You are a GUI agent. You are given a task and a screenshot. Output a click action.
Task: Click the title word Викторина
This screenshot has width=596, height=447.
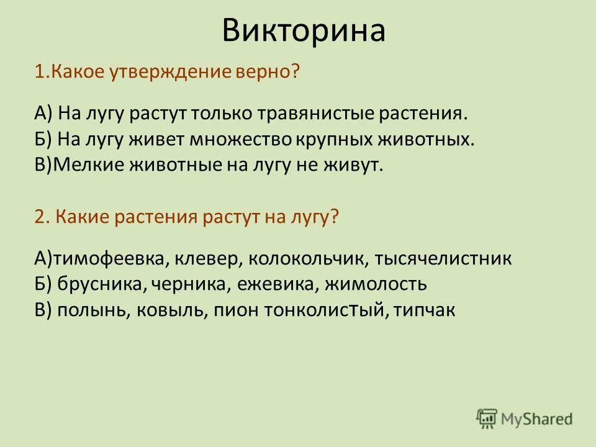(304, 31)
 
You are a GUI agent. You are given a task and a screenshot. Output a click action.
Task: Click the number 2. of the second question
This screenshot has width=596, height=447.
(41, 218)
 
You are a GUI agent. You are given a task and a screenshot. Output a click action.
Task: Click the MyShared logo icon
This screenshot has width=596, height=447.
(487, 418)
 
